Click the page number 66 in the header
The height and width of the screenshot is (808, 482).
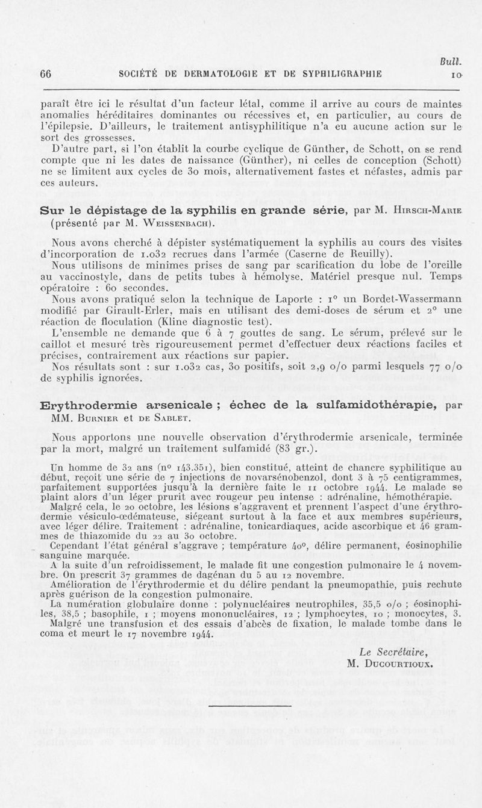click(45, 75)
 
